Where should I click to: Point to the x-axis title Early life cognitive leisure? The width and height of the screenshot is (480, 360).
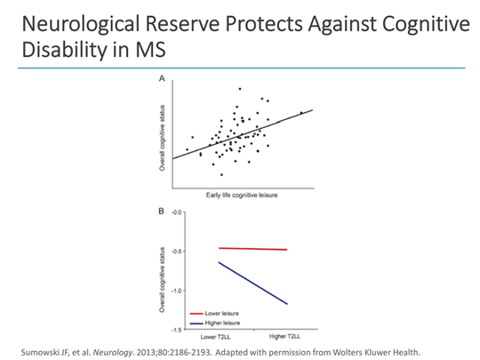pos(240,196)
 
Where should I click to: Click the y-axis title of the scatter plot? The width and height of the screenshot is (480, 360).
pos(162,133)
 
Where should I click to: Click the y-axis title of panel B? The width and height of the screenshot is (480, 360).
pos(162,271)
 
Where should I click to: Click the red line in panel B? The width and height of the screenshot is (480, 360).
pos(253,249)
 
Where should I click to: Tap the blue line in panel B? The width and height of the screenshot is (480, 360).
pos(253,284)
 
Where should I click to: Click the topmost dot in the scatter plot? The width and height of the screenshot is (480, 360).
pos(240,89)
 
